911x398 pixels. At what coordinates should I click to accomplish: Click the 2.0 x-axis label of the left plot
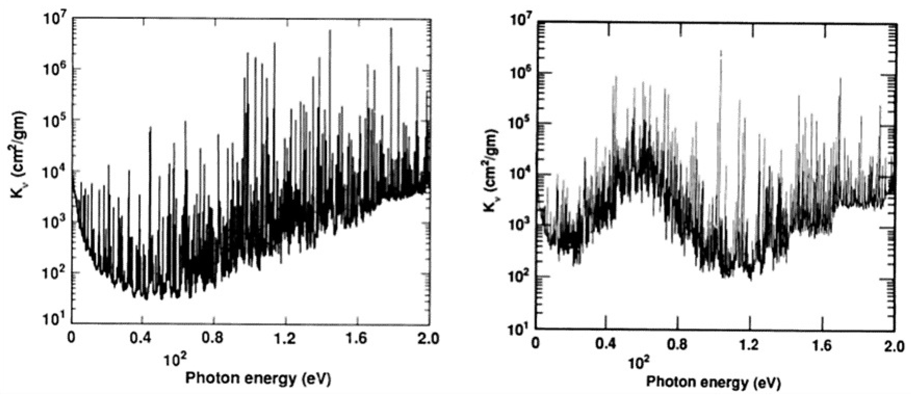point(429,338)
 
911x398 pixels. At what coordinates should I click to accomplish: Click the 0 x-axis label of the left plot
point(72,338)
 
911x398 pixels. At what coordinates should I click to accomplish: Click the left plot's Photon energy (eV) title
point(258,379)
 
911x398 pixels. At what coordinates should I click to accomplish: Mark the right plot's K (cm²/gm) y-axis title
point(490,171)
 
